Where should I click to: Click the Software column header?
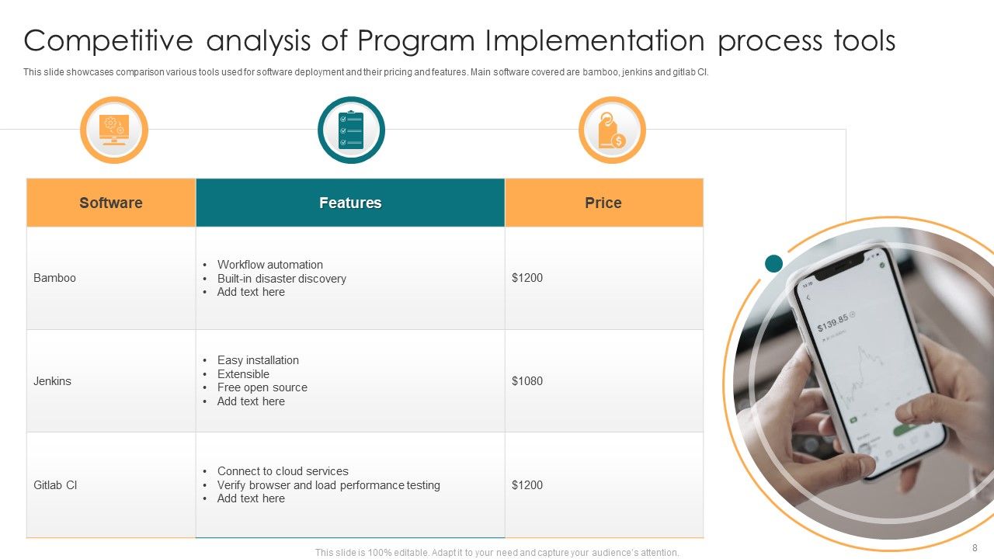111,203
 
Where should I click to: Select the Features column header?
350,203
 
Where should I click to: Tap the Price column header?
603,203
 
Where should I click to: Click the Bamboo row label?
55,278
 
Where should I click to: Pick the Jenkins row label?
53,381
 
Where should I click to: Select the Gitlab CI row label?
55,485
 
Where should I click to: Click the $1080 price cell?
527,381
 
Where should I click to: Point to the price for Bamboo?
527,278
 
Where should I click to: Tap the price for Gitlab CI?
527,485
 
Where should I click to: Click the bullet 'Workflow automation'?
269,265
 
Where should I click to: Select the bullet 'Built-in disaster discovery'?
281,279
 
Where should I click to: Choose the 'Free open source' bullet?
262,387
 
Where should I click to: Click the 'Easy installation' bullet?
258,360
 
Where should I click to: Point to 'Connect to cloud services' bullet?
283,471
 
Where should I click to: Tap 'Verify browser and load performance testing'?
328,485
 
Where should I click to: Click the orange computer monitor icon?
114,130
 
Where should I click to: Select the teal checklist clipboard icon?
351,130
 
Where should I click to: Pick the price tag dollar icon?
612,130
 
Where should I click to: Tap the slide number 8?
975,547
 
